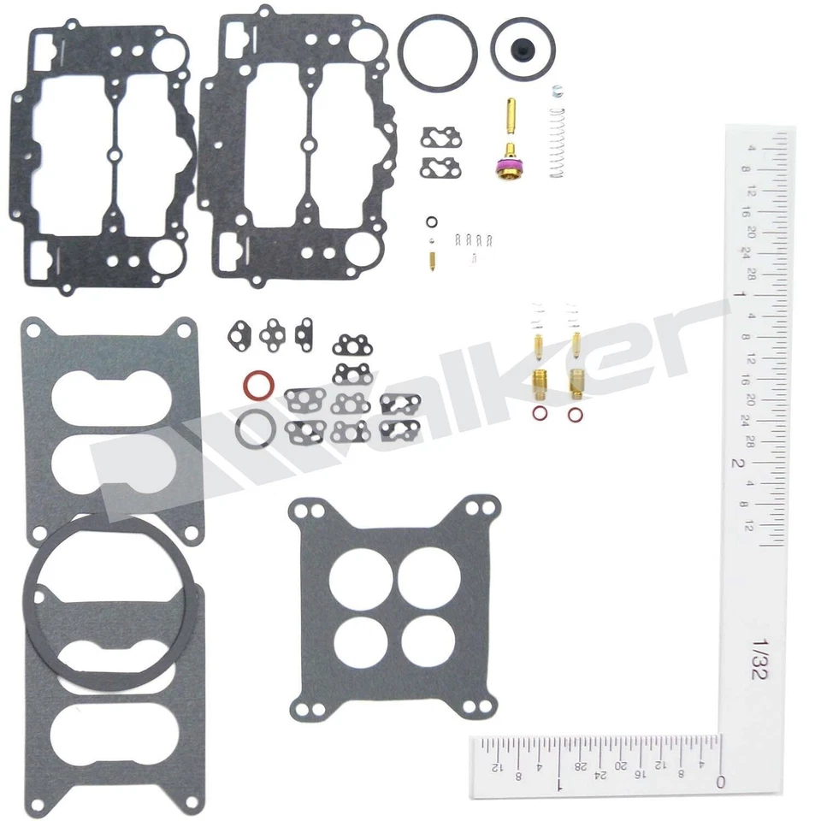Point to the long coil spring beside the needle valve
[558, 141]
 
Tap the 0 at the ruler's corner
[720, 781]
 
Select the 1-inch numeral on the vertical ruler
[736, 295]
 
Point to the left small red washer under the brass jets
[540, 413]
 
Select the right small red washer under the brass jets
[575, 413]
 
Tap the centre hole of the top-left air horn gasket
[115, 155]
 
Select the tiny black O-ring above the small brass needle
[433, 223]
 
